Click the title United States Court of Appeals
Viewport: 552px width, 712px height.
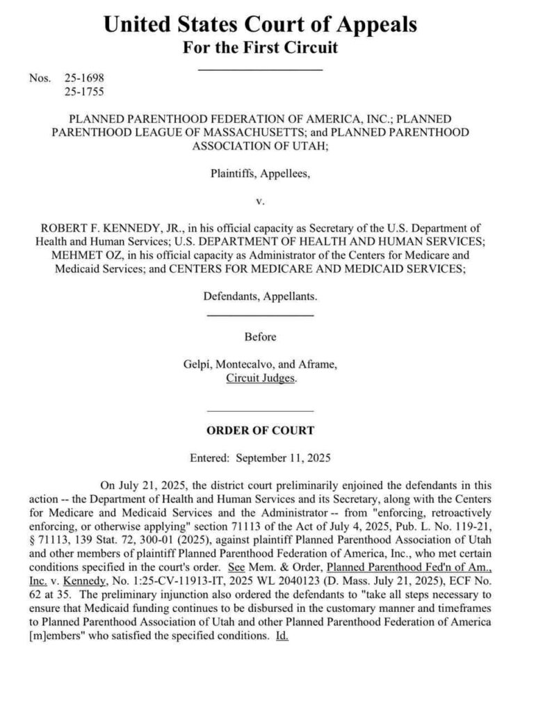click(260, 24)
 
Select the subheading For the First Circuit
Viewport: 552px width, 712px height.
click(260, 48)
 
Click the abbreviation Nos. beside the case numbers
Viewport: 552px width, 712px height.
click(41, 78)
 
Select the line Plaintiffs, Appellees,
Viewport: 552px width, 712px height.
click(260, 174)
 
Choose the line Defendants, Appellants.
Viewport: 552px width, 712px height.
click(260, 296)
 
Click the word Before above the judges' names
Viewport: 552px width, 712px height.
click(260, 337)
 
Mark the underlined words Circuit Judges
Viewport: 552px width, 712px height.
click(261, 378)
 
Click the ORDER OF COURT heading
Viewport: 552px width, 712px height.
click(260, 430)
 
